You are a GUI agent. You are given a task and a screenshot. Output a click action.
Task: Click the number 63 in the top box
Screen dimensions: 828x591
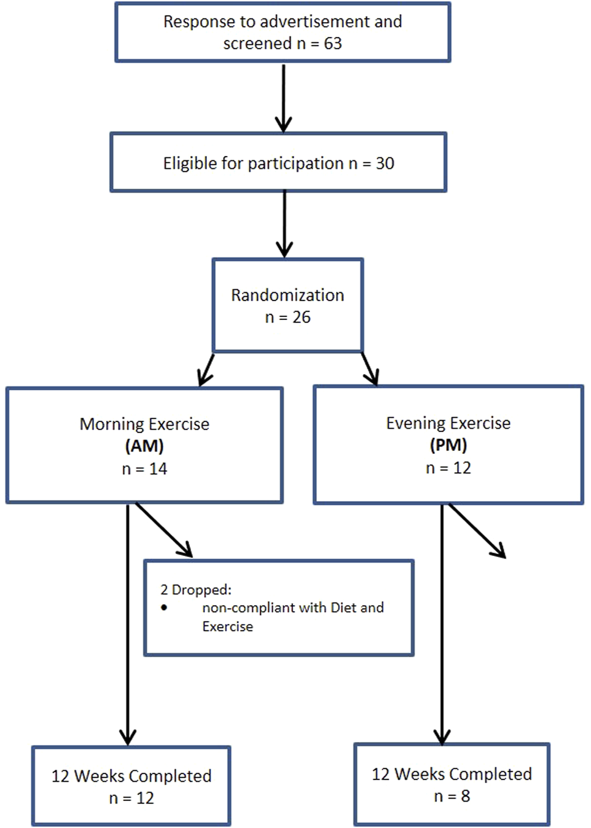332,44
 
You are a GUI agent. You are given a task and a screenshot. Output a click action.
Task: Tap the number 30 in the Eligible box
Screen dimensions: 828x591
385,163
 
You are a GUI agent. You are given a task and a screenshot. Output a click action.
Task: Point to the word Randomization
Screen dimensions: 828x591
288,295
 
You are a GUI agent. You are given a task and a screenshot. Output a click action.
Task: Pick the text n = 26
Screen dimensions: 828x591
288,318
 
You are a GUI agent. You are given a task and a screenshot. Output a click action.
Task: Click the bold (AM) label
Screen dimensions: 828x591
144,446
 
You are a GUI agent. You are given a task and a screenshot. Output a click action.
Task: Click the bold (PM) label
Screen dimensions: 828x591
448,445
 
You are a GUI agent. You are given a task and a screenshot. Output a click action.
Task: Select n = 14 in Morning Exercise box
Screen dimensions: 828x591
144,469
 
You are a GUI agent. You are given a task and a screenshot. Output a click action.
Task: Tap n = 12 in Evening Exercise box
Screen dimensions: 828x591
448,468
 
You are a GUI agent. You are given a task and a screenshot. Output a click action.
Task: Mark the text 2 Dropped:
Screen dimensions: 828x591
196,590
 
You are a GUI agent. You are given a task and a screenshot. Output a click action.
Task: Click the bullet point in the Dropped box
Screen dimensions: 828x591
164,607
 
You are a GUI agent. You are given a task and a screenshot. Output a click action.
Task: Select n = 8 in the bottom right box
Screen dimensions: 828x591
452,797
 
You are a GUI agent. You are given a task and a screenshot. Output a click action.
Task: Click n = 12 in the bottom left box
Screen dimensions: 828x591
131,799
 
